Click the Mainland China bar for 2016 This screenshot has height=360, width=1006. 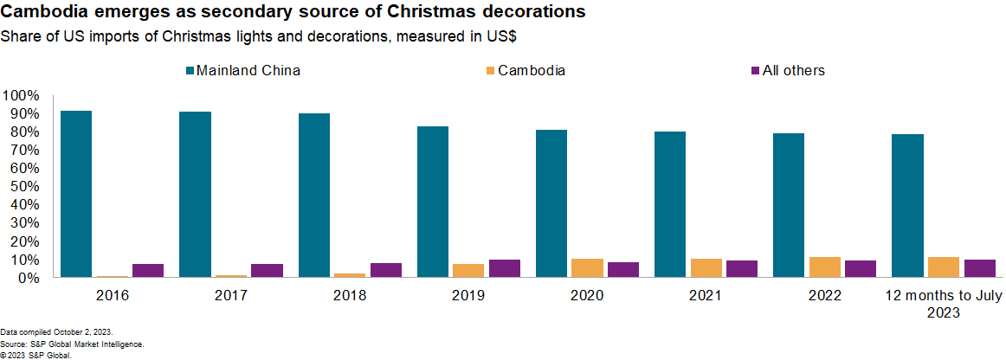(76, 194)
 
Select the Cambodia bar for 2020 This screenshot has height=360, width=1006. (587, 268)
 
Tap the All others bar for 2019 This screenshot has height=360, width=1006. (505, 268)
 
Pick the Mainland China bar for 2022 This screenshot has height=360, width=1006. (789, 205)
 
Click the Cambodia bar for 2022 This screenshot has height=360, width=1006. (824, 267)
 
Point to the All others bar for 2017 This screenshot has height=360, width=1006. (267, 271)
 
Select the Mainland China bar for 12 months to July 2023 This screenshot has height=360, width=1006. (907, 206)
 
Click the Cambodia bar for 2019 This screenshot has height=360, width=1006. (468, 271)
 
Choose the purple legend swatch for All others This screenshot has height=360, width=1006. (753, 71)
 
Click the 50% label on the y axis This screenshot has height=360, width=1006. (23, 186)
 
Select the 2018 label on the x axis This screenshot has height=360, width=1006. (350, 296)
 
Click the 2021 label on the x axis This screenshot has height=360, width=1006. (706, 296)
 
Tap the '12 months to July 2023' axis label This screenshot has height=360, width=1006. (943, 305)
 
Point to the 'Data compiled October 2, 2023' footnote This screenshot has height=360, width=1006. (56, 332)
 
